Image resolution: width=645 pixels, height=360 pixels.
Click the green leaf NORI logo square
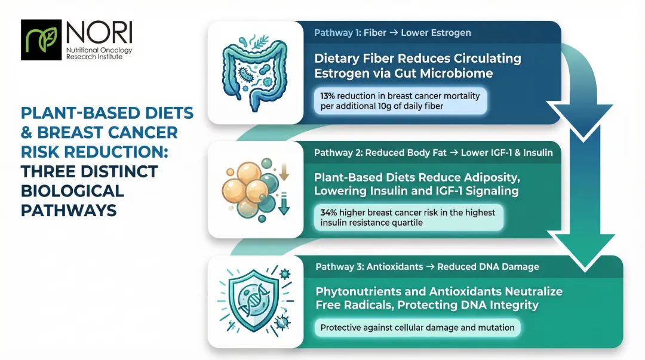coord(41,40)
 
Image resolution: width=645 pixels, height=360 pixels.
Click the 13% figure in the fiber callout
coord(328,96)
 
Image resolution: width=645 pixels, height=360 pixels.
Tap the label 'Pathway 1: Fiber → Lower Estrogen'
coord(392,33)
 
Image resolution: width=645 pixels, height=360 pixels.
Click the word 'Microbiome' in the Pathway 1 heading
coord(460,73)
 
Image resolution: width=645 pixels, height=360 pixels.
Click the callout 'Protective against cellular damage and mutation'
coord(417,328)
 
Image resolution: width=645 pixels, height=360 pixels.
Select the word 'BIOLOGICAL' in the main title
coord(72,192)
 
